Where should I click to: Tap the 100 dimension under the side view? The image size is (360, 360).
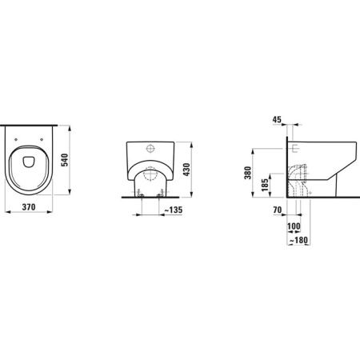(x=294, y=226)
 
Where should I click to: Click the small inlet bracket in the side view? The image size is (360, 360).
(x=295, y=147)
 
